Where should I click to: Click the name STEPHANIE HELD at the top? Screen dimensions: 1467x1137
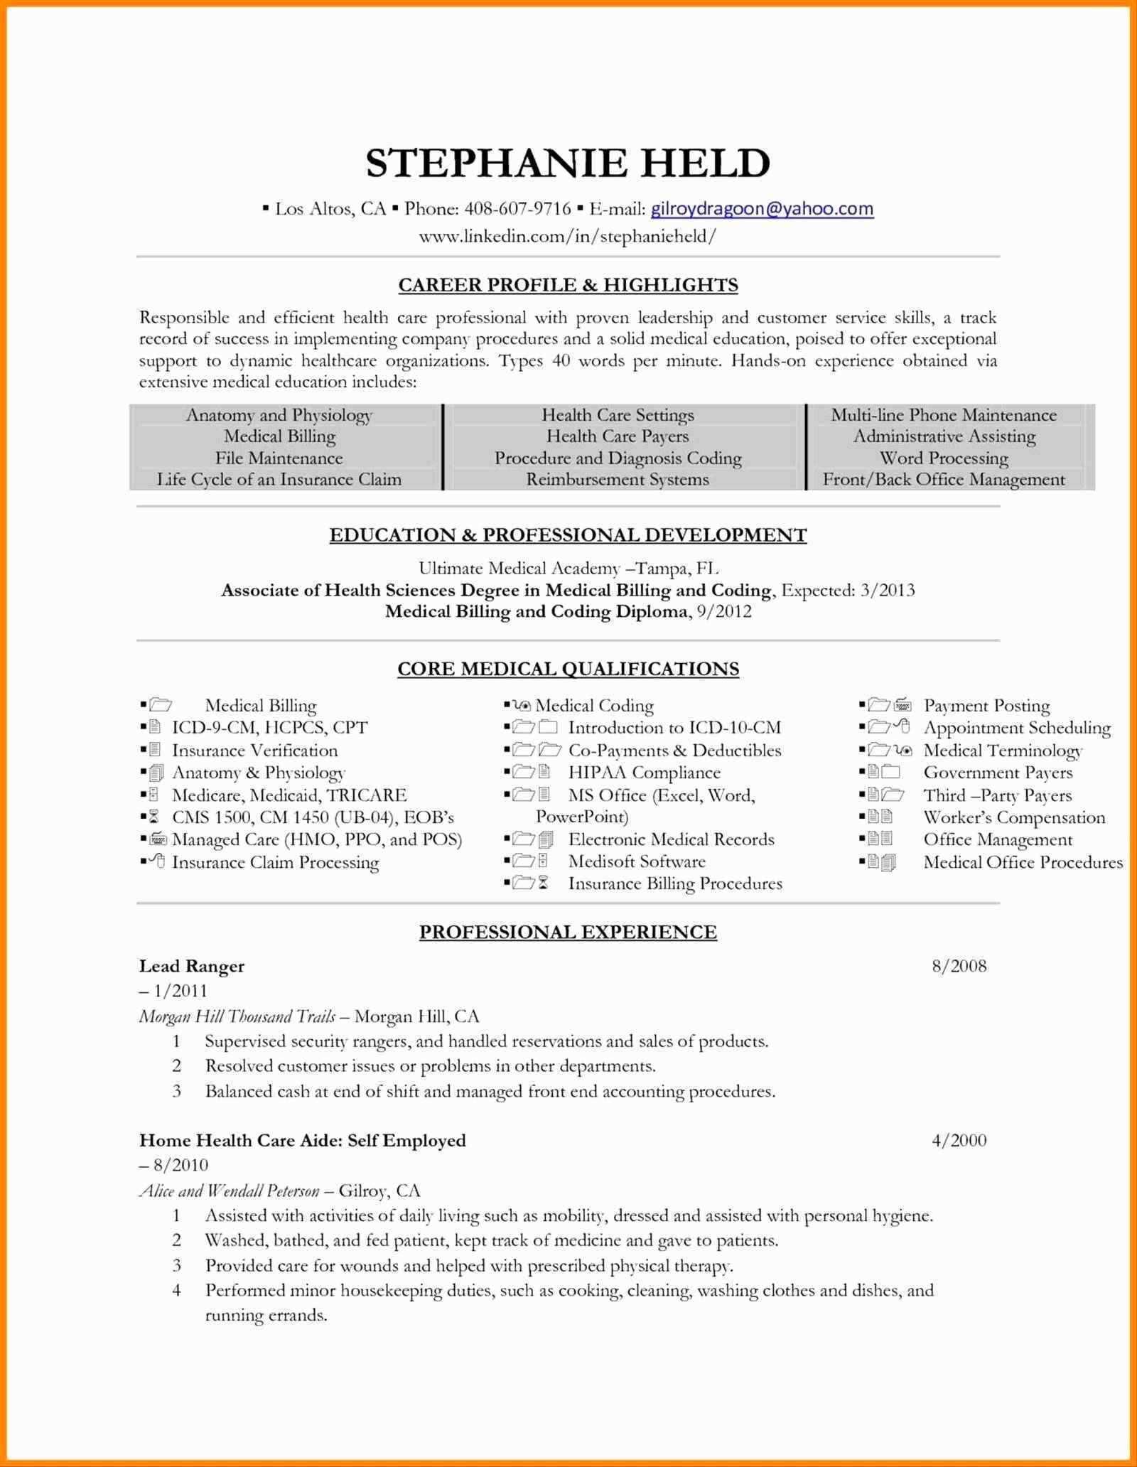[568, 163]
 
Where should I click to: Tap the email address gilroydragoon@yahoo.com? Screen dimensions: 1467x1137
[762, 208]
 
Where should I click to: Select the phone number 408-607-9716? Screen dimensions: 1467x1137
[517, 208]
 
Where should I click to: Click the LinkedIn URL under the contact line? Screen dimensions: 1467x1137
[568, 236]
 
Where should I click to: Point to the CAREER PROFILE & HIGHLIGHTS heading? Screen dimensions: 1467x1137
[568, 285]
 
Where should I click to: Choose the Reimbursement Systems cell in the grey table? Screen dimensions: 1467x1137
[617, 480]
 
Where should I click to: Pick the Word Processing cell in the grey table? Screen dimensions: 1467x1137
[944, 458]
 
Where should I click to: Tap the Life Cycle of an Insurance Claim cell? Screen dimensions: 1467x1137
[279, 480]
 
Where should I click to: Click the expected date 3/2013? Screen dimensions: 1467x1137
[888, 590]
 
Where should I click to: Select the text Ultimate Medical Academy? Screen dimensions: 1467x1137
[519, 568]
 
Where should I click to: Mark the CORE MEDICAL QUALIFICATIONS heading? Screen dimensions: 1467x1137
[568, 669]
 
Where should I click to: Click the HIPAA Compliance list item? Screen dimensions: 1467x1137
[644, 773]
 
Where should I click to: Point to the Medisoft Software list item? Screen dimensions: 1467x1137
[637, 862]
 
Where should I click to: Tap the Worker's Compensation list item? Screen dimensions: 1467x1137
[1014, 817]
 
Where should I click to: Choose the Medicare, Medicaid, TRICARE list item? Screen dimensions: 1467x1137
[289, 795]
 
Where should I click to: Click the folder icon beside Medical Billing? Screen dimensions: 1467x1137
[161, 706]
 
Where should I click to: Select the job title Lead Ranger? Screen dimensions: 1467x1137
[192, 966]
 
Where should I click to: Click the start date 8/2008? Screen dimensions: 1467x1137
[959, 966]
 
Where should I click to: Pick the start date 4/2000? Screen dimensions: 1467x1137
[959, 1141]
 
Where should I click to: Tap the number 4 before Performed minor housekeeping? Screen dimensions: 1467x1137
[177, 1290]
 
